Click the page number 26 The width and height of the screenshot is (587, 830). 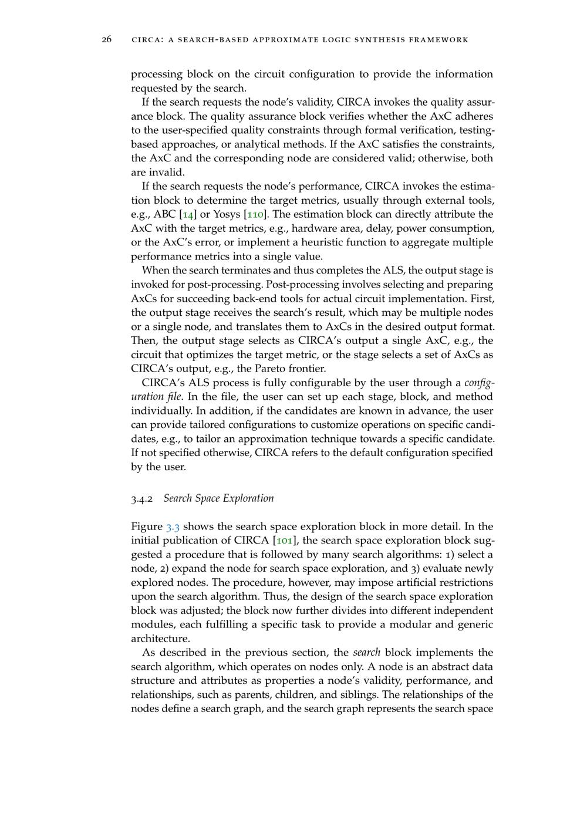[107, 40]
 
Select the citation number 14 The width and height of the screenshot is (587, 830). [188, 214]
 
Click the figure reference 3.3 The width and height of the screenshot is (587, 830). [173, 527]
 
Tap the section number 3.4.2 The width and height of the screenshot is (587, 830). [141, 499]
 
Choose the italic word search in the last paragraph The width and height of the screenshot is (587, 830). [367, 653]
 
